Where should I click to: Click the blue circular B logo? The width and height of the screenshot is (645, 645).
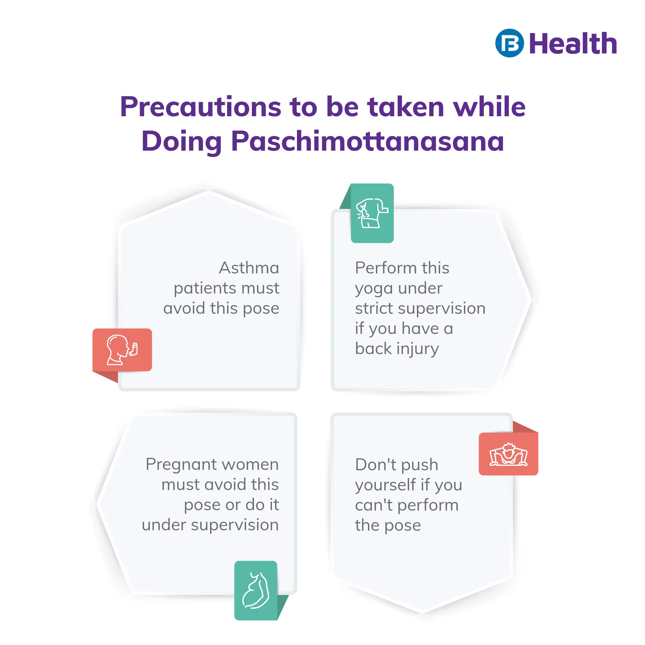coord(509,43)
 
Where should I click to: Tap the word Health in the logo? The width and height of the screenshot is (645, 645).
coord(573,44)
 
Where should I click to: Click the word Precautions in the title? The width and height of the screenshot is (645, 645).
coord(201,106)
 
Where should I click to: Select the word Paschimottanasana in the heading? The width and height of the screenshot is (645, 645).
coord(368,141)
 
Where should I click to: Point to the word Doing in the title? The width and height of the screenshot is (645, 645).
coord(181,141)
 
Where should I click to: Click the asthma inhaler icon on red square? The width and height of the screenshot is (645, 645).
coord(122,350)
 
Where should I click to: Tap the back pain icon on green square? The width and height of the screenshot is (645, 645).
coord(372,213)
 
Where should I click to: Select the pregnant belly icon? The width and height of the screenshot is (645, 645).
coord(256,590)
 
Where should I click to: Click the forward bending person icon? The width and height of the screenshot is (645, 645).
coord(508,454)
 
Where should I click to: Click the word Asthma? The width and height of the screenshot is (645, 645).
coord(249,268)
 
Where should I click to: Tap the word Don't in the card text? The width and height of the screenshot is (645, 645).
coord(376,465)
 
